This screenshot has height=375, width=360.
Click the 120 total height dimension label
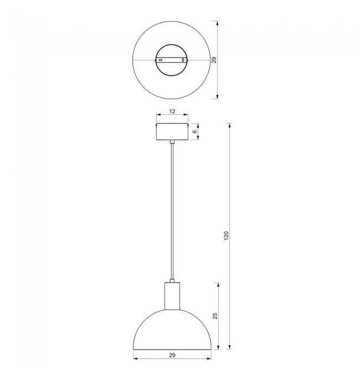tap(227, 236)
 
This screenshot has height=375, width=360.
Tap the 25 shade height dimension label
tap(215, 316)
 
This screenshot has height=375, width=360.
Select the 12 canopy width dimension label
tap(172, 111)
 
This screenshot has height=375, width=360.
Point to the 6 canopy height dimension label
tap(195, 131)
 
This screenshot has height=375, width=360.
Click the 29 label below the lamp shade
tap(172, 356)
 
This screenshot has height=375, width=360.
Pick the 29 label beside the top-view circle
tap(214, 60)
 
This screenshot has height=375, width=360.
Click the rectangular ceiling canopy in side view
tap(172, 132)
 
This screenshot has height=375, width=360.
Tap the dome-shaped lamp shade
tap(172, 330)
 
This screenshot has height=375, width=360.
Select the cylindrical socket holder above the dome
tap(172, 296)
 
